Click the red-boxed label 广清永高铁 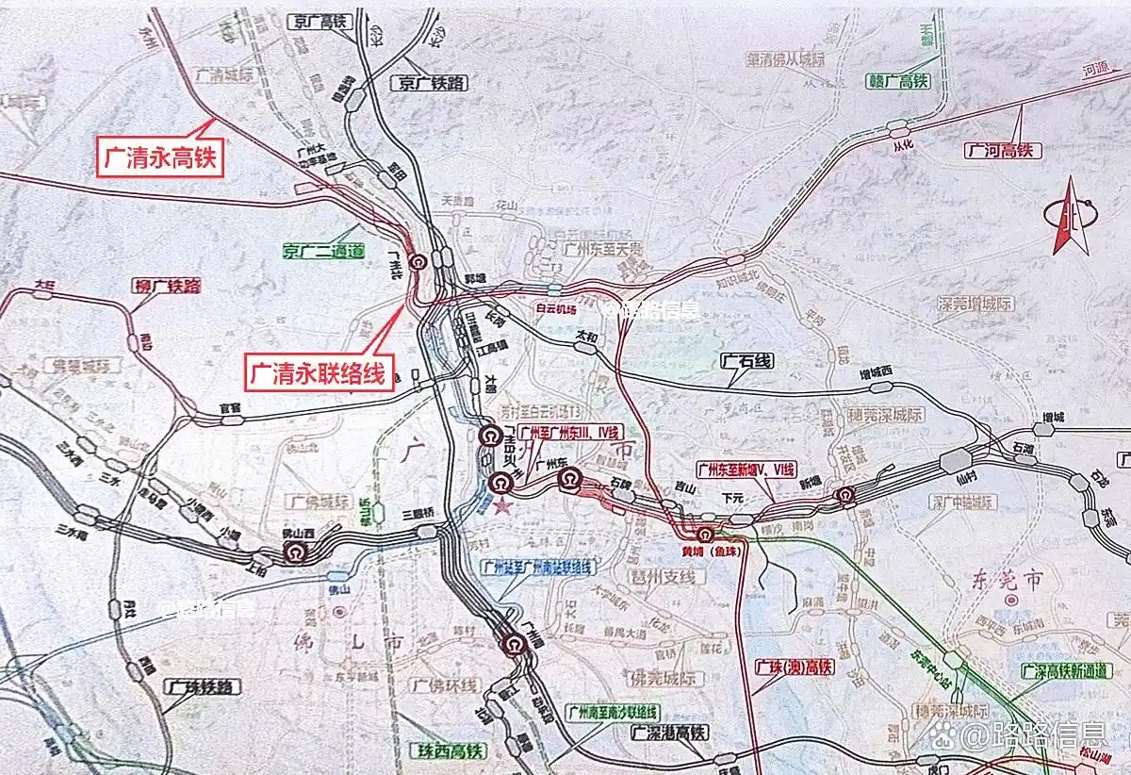[159, 157]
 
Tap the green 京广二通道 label [323, 251]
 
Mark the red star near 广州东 [502, 507]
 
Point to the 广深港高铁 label [668, 733]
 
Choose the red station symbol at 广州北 [418, 263]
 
